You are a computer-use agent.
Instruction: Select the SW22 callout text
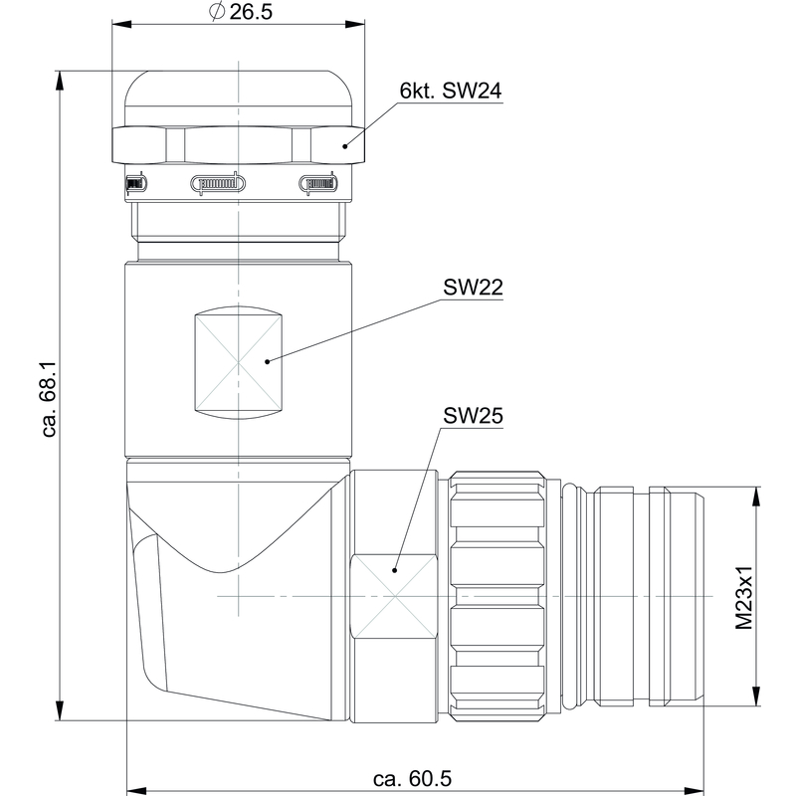click(473, 288)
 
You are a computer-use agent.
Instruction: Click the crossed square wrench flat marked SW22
click(239, 362)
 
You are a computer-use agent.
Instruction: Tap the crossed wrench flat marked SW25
click(395, 596)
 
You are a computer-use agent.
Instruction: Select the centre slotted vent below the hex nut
click(217, 183)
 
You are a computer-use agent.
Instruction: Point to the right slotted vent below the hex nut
click(318, 183)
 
